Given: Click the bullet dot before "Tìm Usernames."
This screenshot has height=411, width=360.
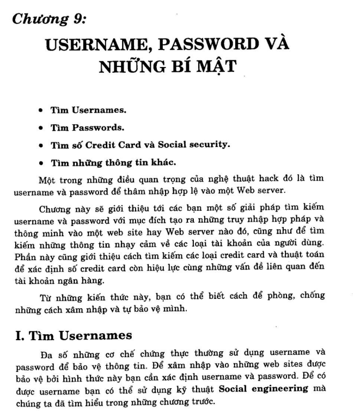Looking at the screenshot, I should (x=41, y=111).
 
